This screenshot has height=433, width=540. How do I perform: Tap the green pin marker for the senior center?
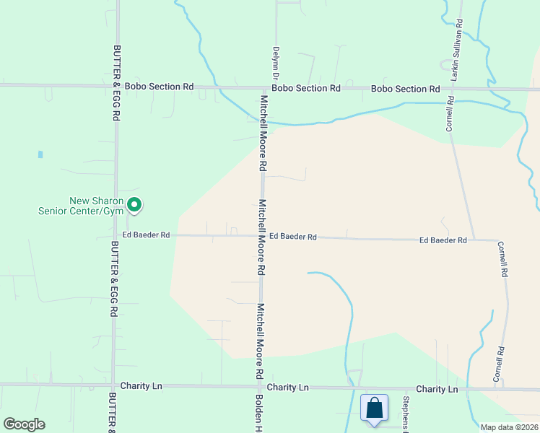(x=134, y=206)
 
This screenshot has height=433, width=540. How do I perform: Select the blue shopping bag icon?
(x=375, y=408)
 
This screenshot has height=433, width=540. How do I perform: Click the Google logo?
(x=24, y=424)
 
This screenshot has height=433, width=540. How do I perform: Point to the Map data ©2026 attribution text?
(x=509, y=427)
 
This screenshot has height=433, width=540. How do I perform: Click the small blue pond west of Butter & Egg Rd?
(x=40, y=154)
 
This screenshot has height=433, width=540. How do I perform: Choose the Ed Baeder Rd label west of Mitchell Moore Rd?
(x=146, y=235)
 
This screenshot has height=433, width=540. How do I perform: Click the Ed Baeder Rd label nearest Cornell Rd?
(x=443, y=240)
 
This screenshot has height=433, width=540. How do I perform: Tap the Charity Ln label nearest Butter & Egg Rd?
(x=141, y=386)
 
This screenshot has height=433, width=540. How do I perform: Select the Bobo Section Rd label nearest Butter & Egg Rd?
(x=159, y=87)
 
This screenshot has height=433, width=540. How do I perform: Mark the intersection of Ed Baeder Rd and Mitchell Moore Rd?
(x=261, y=236)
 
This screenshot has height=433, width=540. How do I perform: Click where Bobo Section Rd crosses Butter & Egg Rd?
(x=116, y=86)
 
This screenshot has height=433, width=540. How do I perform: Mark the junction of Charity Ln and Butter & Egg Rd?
(x=113, y=386)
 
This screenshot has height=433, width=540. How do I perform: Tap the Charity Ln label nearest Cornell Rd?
(x=437, y=389)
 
